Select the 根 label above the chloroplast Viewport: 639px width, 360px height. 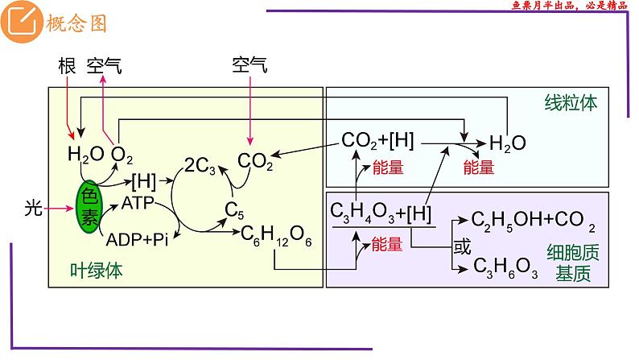point(68,67)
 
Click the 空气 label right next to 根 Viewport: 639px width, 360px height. point(105,67)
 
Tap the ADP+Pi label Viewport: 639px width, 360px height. point(136,240)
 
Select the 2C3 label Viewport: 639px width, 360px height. point(200,164)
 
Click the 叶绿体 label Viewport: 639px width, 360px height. point(97,271)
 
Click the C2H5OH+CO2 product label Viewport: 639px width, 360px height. point(534,219)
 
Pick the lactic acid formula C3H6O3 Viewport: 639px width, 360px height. point(505,267)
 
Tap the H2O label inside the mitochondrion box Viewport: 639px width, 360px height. point(508,144)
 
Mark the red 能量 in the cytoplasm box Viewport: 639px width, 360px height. point(387,244)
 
